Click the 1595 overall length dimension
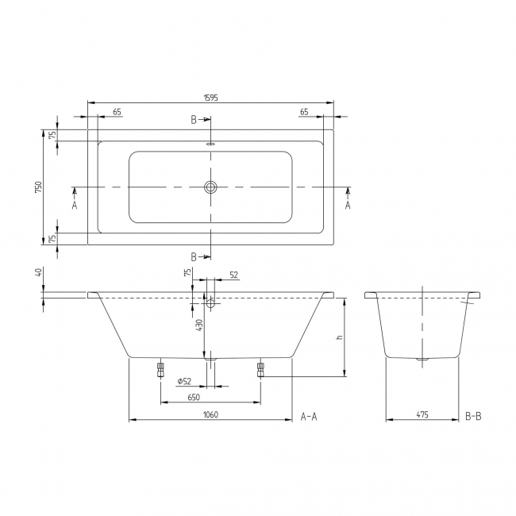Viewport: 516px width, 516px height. pos(210,98)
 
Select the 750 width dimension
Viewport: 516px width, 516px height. pos(38,187)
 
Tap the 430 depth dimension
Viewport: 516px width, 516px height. pos(199,325)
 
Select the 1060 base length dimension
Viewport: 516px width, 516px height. pos(210,414)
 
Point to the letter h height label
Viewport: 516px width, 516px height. pos(338,337)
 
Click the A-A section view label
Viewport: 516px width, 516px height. pos(309,415)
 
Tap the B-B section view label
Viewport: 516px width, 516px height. pos(473,415)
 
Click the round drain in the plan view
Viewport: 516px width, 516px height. pos(210,187)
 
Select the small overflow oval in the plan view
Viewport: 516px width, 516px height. pos(210,144)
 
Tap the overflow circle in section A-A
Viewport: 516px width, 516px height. pos(210,303)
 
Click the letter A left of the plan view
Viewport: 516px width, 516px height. pos(75,205)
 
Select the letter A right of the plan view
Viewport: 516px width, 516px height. pos(347,205)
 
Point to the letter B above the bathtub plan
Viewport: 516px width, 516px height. pos(193,120)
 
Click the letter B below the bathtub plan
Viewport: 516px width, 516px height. pos(193,256)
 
